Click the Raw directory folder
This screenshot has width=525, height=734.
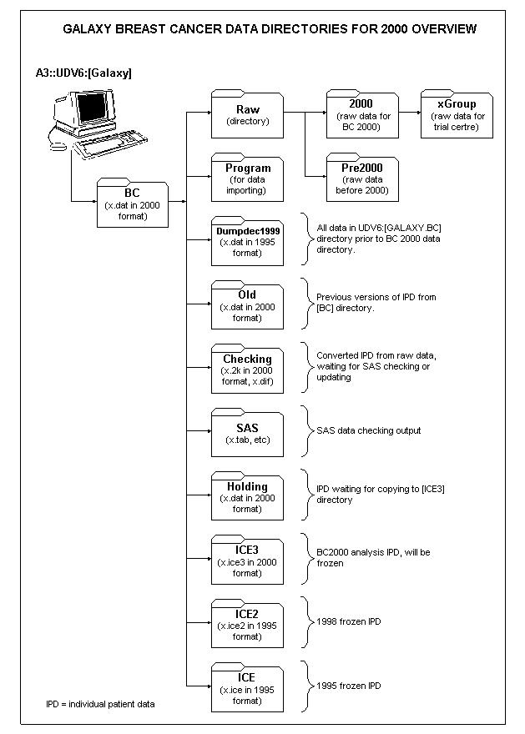[x=247, y=114]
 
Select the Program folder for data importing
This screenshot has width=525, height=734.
[x=247, y=178]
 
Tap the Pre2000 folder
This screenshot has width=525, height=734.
[x=362, y=178]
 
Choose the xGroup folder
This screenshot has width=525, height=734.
[x=457, y=114]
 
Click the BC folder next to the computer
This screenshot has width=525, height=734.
[x=133, y=204]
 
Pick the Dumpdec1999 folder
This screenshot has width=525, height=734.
[x=247, y=241]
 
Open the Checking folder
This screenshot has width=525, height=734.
[x=247, y=369]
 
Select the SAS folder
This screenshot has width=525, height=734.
[x=247, y=433]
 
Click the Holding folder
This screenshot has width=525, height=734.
[x=247, y=496]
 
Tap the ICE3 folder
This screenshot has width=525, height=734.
[x=247, y=560]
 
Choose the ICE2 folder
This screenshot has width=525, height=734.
[x=247, y=624]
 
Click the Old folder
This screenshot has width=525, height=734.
[x=247, y=304]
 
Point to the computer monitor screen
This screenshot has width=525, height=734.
[x=92, y=108]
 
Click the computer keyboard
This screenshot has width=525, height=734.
[x=110, y=144]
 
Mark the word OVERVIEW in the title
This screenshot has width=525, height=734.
[x=444, y=29]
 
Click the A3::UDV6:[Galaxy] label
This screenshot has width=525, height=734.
[x=83, y=73]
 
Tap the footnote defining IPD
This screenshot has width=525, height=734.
[x=100, y=704]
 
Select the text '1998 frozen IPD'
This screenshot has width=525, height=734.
[x=349, y=621]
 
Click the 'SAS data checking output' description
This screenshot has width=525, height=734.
[x=369, y=430]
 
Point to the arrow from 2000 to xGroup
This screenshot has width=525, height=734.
[x=410, y=113]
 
